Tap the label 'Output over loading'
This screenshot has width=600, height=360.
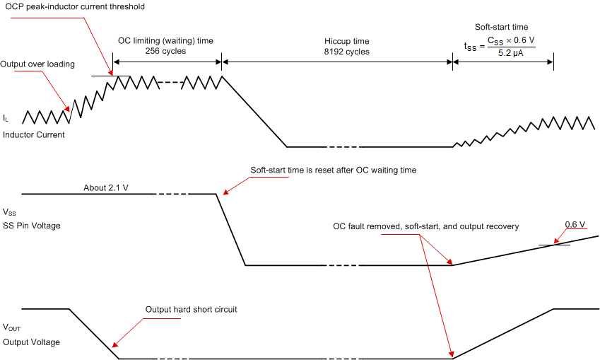[x=37, y=64]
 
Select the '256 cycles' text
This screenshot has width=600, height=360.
[x=165, y=52]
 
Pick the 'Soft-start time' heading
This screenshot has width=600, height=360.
[x=500, y=27]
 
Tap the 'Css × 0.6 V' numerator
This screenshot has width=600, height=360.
[x=512, y=41]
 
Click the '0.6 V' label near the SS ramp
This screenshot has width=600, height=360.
[x=575, y=225]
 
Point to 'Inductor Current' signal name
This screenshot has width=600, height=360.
[x=34, y=134]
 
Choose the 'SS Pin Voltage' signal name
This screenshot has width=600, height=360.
[x=32, y=225]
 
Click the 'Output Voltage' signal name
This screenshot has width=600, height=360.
[x=31, y=342]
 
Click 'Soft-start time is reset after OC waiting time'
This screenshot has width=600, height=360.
[x=334, y=170]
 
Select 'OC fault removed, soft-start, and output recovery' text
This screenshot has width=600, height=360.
[x=426, y=227]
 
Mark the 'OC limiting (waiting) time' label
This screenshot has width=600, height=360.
[x=165, y=41]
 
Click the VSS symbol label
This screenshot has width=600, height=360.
[x=10, y=212]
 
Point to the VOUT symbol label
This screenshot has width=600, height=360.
[x=12, y=328]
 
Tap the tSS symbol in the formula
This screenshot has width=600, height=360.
[x=470, y=47]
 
